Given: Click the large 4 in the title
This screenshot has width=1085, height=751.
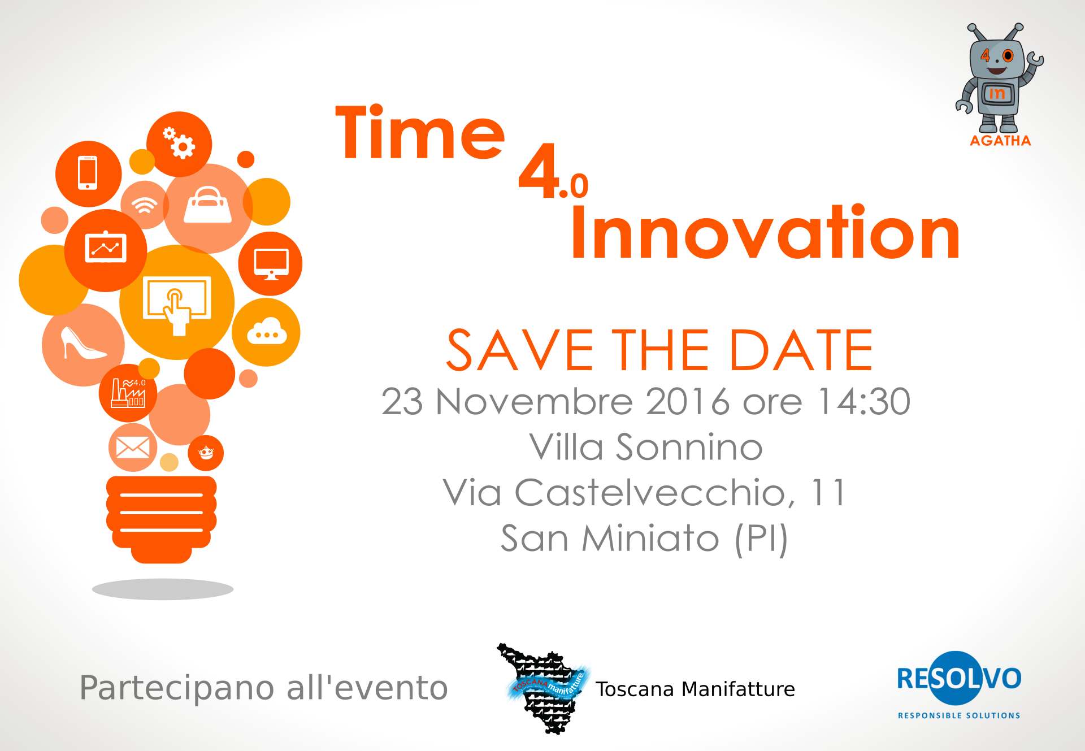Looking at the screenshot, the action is point(538,176).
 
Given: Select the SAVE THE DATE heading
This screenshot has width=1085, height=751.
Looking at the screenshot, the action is point(659,350).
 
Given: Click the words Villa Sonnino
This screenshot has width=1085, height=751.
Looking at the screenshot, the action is point(646,447).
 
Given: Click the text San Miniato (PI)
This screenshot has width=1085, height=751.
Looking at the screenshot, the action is point(644,539).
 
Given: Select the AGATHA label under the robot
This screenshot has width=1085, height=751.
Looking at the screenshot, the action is point(1000,141).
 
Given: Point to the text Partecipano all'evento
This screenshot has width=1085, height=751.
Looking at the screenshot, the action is point(263,688).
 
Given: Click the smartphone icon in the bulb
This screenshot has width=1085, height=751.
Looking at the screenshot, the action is point(88,173).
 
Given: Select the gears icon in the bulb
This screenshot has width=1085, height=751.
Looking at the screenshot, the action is point(179,142).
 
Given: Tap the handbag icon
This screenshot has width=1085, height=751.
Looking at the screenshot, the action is point(208,205).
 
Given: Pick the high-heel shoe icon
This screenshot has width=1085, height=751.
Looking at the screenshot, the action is point(83,342).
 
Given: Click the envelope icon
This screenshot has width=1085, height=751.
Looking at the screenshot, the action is point(133,448).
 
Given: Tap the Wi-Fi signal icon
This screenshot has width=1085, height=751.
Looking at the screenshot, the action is point(145,205).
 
